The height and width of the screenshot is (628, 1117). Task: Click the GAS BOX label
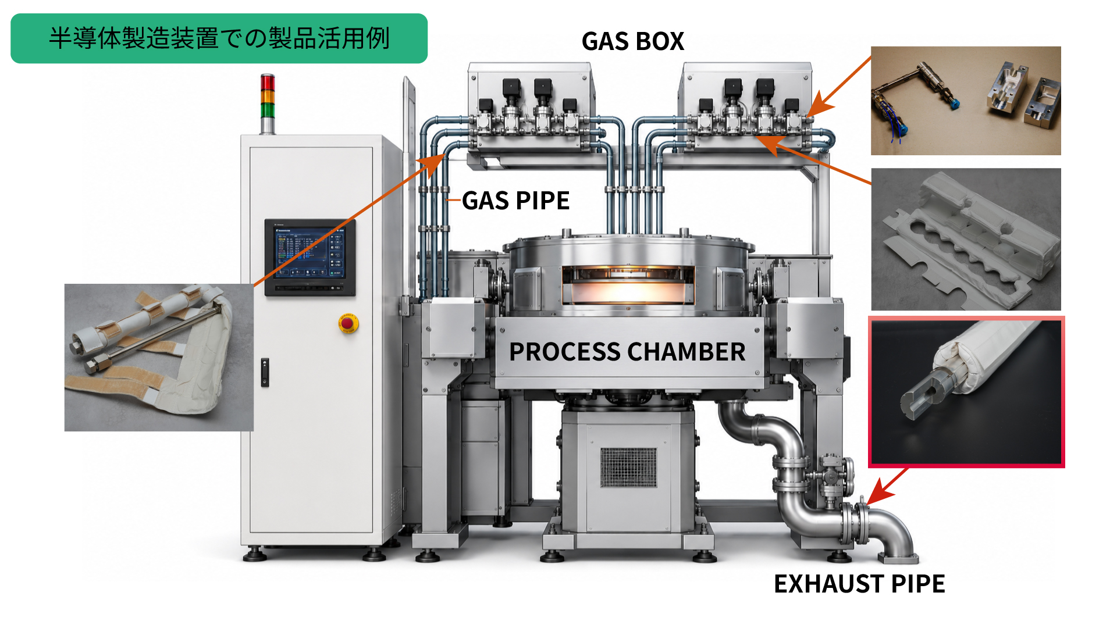pos(633,41)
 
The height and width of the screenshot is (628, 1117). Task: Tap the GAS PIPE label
pos(515,201)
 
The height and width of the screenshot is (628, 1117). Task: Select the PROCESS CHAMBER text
pos(627,352)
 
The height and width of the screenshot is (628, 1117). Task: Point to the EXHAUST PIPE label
pos(859,584)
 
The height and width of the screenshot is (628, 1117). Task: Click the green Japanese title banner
pos(219,38)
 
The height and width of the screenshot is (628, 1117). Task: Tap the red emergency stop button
pos(348,323)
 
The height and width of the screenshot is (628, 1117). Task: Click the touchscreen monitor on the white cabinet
pos(310,258)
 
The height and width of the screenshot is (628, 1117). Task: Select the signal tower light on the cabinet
pos(267,104)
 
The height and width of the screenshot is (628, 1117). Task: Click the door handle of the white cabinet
pos(265,373)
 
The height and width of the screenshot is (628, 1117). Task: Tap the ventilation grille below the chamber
pos(628,467)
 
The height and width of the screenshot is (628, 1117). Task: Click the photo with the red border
pos(966,392)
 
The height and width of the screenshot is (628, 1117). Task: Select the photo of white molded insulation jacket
pos(966,240)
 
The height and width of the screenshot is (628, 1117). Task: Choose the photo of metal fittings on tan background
pos(966,101)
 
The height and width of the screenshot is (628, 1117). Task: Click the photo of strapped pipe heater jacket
pos(159,358)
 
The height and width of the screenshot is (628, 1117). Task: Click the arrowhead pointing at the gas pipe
pos(434,163)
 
